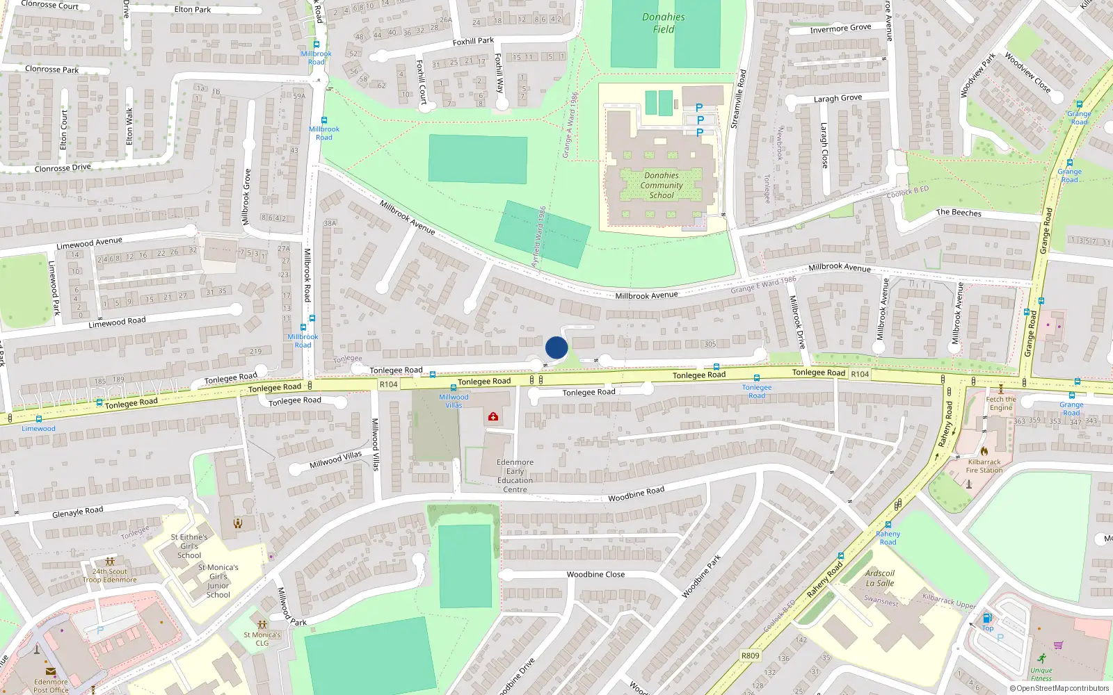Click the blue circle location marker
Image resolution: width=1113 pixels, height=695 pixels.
(556, 347)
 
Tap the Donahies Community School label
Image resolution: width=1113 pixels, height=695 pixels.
(662, 186)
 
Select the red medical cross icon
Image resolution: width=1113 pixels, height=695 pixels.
(493, 416)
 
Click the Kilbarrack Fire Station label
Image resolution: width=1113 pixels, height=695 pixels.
(984, 466)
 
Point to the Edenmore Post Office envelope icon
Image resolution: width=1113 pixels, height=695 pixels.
(51, 671)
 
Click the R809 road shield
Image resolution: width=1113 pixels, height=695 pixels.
(751, 655)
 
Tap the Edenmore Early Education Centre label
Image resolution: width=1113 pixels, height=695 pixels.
(515, 476)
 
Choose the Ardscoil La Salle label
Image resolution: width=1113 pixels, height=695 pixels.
(880, 578)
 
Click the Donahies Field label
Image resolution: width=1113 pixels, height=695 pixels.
(664, 23)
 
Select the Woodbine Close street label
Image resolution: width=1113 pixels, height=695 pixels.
(595, 575)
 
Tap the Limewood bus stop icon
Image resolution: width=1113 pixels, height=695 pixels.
(38, 419)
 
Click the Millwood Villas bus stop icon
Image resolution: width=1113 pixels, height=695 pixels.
(454, 388)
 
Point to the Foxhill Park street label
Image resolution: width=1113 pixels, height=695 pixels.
(473, 42)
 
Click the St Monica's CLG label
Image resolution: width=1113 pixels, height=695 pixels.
(262, 638)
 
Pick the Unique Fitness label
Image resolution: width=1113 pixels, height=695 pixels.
(1041, 674)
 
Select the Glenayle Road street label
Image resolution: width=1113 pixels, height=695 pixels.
(78, 512)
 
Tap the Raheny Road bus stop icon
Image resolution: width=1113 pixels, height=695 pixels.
(888, 525)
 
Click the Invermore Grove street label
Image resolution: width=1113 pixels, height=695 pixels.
(840, 28)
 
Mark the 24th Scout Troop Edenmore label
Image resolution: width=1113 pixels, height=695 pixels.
(110, 575)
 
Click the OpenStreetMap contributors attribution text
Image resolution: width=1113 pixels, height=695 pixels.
(1059, 689)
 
